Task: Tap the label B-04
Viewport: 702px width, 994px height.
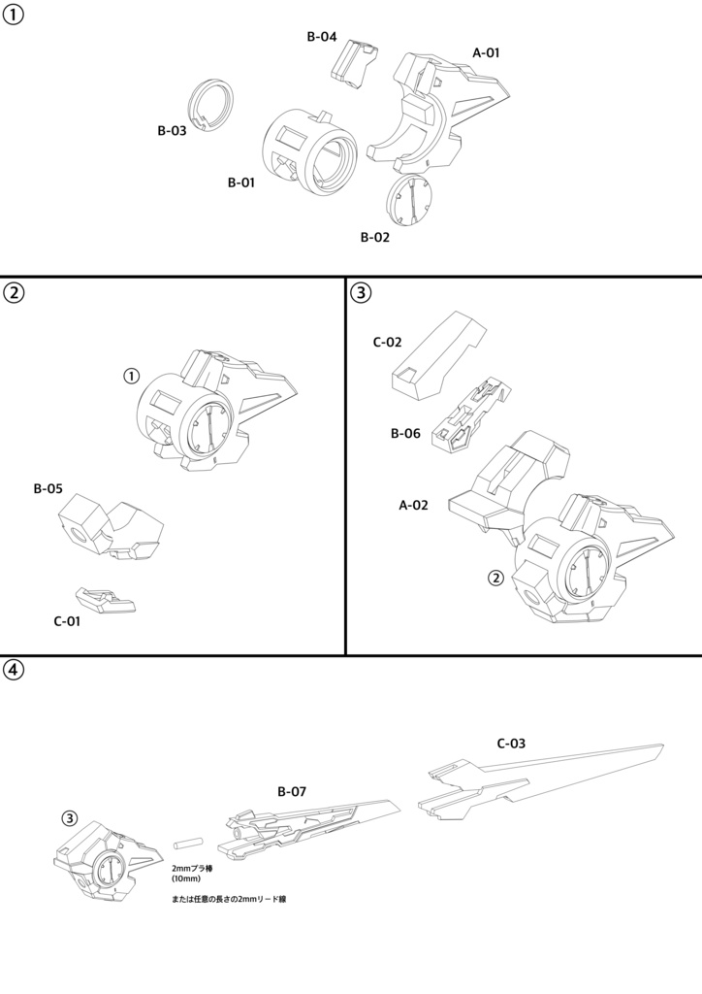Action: [x=321, y=37]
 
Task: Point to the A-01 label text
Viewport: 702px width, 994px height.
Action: [x=486, y=52]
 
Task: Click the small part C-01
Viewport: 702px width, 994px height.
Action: [x=108, y=599]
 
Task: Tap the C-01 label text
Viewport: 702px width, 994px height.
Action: [x=68, y=621]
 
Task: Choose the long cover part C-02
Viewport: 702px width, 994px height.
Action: [x=436, y=354]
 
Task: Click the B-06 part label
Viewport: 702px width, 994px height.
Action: [x=405, y=433]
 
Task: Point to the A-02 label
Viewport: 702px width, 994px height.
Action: [x=414, y=505]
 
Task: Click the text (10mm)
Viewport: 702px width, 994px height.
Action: [x=185, y=878]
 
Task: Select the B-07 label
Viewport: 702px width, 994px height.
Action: [x=291, y=792]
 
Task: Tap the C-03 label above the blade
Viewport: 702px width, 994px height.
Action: [x=511, y=744]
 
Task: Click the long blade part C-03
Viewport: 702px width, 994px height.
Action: [x=543, y=781]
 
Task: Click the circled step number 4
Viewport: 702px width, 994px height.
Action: [x=14, y=670]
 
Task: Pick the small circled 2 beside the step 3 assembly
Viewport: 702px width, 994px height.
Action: [x=495, y=578]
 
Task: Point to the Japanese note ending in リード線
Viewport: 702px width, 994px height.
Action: [x=228, y=900]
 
